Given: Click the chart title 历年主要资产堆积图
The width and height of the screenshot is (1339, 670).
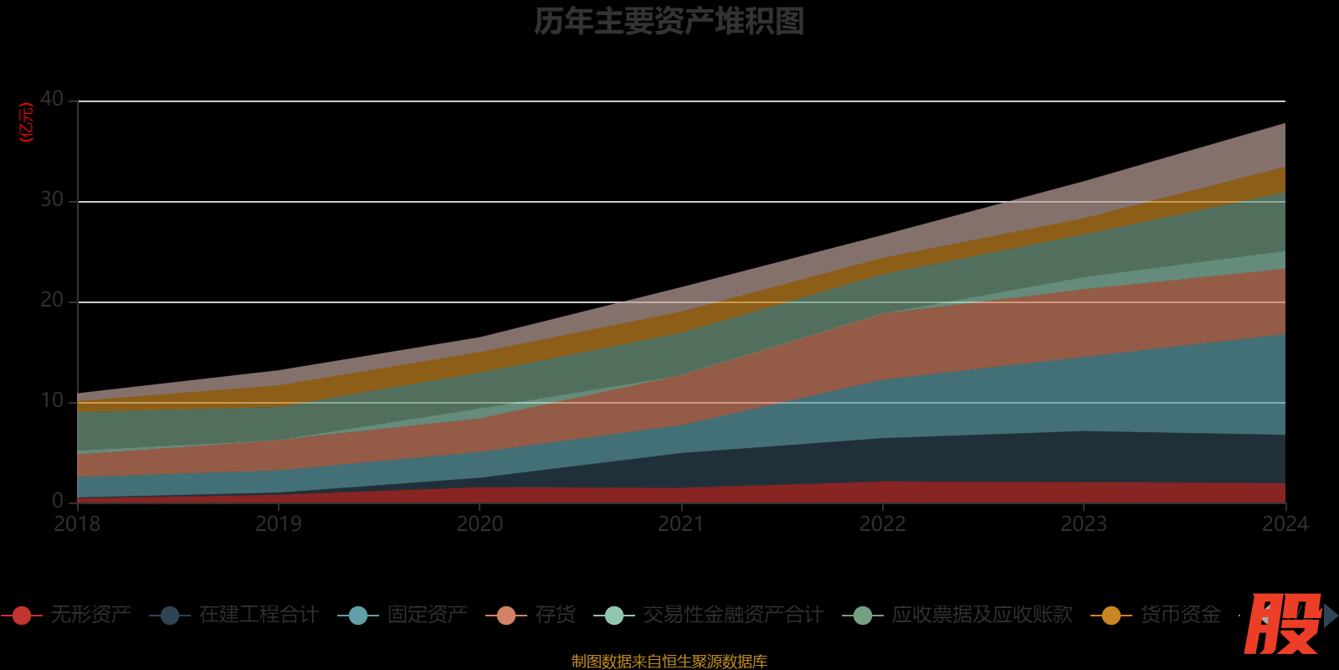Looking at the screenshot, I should [x=669, y=22].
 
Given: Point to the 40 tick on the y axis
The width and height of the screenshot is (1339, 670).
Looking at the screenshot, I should [x=52, y=100].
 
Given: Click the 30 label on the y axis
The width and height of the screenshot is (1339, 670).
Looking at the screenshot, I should [x=52, y=200].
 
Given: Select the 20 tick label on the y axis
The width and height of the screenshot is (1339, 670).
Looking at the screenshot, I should [x=52, y=301].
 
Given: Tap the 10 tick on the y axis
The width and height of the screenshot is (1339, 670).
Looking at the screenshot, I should [x=52, y=401].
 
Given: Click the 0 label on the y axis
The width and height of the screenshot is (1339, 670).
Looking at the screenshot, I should [x=58, y=501].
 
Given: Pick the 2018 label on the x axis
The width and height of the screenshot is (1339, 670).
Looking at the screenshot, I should [x=77, y=524].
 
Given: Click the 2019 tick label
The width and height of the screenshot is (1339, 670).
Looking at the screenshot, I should [x=279, y=524].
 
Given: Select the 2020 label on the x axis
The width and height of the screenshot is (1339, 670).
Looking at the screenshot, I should [x=480, y=524].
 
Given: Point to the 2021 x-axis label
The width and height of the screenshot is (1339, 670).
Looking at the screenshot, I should [x=681, y=524].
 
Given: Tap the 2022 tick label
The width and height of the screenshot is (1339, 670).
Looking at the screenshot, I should [x=883, y=524].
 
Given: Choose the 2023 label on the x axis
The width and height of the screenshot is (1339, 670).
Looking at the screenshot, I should [x=1084, y=524].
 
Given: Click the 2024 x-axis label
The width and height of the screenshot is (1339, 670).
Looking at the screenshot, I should [x=1285, y=524].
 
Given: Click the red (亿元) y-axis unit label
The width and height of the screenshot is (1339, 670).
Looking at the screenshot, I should [x=27, y=123].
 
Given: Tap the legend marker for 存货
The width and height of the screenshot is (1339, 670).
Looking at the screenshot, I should [x=506, y=616].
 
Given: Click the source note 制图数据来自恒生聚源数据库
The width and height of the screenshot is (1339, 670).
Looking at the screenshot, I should [x=669, y=662].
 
